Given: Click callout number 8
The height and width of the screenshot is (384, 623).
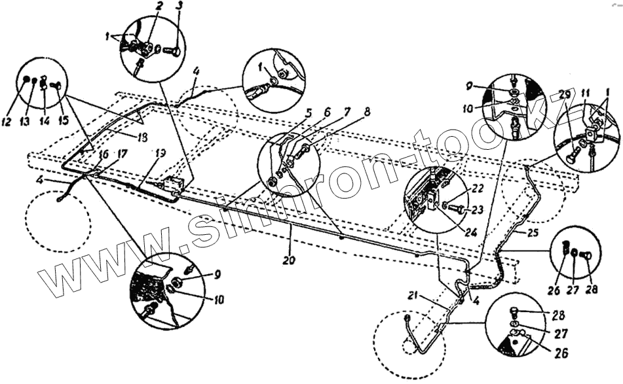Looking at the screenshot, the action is tap(367, 111).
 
